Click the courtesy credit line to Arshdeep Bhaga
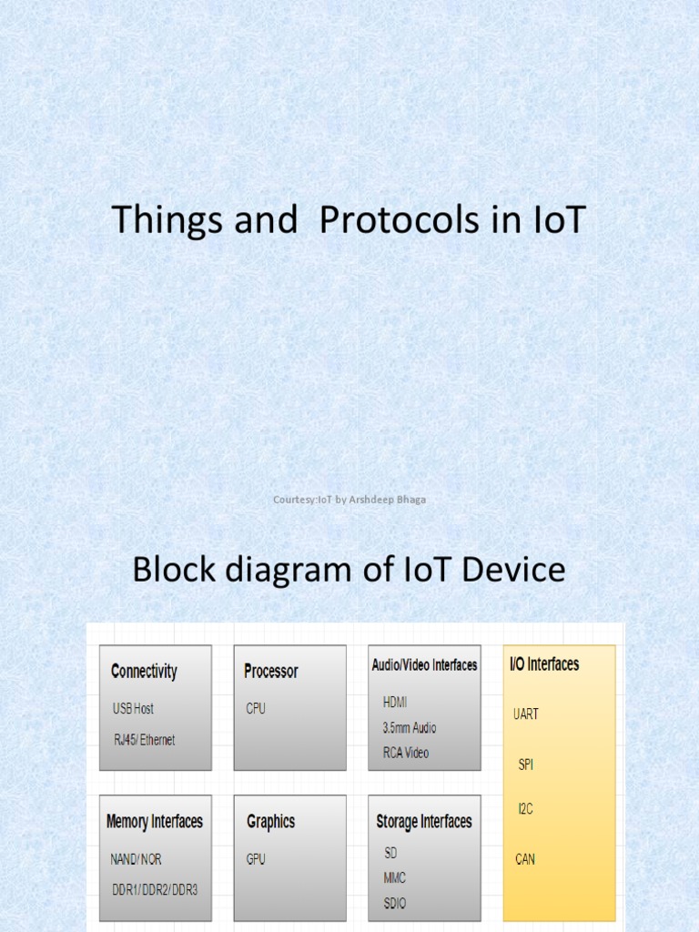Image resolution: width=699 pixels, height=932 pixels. tap(349, 500)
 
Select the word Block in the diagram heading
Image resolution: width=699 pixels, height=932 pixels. tap(173, 570)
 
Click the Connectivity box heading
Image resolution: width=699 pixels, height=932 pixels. tap(144, 672)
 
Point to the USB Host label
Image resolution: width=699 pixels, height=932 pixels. tap(133, 709)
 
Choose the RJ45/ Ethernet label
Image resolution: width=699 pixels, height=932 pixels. tap(144, 740)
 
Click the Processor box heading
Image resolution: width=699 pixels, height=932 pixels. tap(271, 672)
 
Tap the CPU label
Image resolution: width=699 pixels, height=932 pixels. tap(256, 709)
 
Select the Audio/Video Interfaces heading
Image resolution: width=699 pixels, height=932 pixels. tap(424, 665)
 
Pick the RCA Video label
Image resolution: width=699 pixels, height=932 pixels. tap(406, 753)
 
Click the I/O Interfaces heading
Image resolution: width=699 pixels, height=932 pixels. tap(544, 664)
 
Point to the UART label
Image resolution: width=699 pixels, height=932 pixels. tap(526, 714)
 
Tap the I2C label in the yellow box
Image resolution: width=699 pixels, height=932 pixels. tap(525, 807)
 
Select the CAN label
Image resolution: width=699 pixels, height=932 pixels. tap(525, 858)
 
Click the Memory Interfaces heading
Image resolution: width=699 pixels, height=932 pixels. tap(155, 822)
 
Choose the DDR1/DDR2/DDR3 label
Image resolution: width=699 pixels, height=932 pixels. tap(154, 889)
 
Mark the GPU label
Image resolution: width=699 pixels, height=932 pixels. tap(256, 859)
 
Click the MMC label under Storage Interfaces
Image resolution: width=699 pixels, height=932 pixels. tap(395, 877)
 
